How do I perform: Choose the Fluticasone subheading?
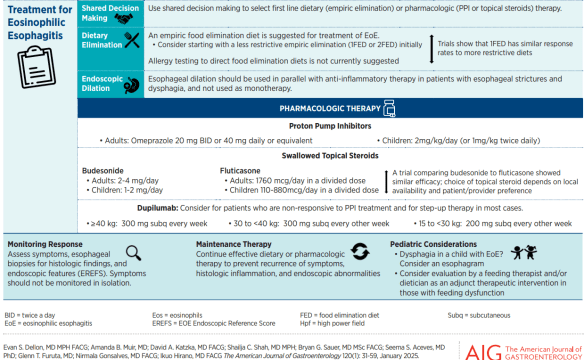(243, 170)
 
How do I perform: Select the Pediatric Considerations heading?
(438, 244)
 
